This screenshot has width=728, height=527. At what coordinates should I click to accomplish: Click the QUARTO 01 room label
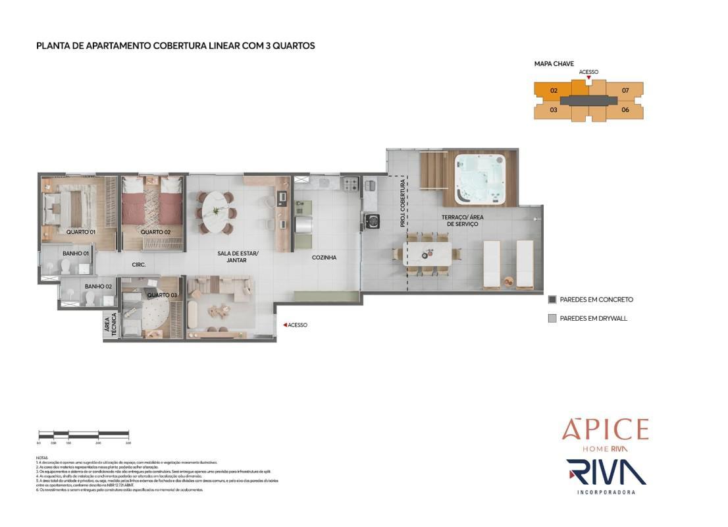pyautogui.click(x=81, y=232)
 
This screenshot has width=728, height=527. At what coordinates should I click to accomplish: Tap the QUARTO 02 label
pyautogui.click(x=155, y=232)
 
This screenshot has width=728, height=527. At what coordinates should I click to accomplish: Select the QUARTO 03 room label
pyautogui.click(x=162, y=295)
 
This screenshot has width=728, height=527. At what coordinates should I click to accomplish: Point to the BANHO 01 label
pyautogui.click(x=76, y=253)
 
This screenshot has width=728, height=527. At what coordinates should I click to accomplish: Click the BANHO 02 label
pyautogui.click(x=99, y=287)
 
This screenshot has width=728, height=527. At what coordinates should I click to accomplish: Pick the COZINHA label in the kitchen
pyautogui.click(x=324, y=258)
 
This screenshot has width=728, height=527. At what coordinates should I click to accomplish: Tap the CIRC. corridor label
pyautogui.click(x=138, y=265)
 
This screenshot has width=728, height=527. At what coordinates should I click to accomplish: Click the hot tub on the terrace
pyautogui.click(x=479, y=178)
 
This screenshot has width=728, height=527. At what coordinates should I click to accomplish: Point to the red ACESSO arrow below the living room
pyautogui.click(x=284, y=325)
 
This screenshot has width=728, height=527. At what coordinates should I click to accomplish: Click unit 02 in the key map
pyautogui.click(x=554, y=90)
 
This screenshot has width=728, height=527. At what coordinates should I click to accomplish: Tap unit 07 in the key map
pyautogui.click(x=625, y=90)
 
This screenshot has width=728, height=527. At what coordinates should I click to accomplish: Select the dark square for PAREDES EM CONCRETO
pyautogui.click(x=552, y=300)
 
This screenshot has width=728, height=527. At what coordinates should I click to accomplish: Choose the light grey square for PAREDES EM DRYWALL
pyautogui.click(x=552, y=318)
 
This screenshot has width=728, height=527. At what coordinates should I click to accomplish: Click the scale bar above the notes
pyautogui.click(x=84, y=434)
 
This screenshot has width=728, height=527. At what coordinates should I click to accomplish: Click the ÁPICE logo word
pyautogui.click(x=604, y=430)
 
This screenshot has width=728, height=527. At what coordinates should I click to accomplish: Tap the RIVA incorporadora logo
pyautogui.click(x=606, y=473)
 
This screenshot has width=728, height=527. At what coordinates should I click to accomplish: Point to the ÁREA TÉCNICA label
pyautogui.click(x=109, y=327)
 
